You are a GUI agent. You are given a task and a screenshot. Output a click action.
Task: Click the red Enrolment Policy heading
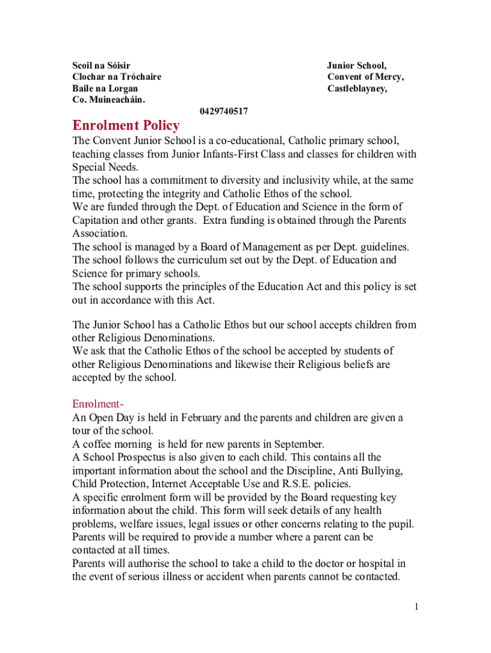(126, 125)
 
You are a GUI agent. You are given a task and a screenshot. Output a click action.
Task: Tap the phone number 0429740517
(224, 112)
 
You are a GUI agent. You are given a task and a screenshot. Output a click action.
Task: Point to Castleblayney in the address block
(356, 89)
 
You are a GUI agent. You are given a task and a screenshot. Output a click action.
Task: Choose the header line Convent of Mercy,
(365, 77)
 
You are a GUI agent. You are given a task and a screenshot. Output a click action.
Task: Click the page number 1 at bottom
(416, 606)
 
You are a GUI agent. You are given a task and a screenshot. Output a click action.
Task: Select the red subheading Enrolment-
(97, 404)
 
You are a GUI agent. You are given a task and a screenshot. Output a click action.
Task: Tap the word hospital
(376, 564)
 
